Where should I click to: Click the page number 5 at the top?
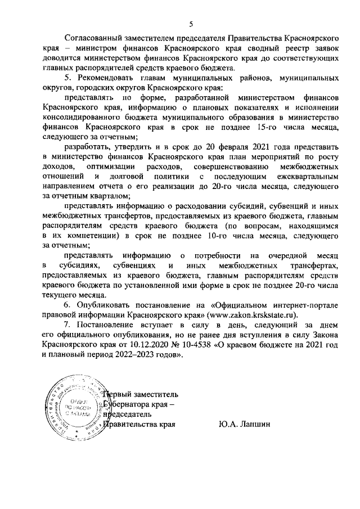click(x=191, y=24)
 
